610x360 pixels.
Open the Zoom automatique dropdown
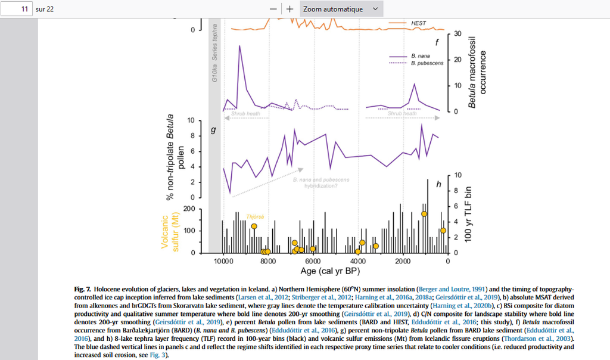[x=340, y=9]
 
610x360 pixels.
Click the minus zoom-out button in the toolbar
[x=273, y=9]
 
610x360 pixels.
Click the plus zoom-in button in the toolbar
[x=290, y=9]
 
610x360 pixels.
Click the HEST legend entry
[x=419, y=23]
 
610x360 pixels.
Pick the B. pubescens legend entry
[x=427, y=63]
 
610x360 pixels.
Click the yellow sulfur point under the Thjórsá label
[x=254, y=226]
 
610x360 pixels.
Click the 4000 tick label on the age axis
[x=357, y=260]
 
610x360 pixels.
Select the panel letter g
[x=213, y=129]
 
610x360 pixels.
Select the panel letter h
[x=438, y=184]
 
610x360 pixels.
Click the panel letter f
[x=437, y=42]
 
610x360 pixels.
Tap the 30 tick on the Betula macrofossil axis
[x=458, y=33]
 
